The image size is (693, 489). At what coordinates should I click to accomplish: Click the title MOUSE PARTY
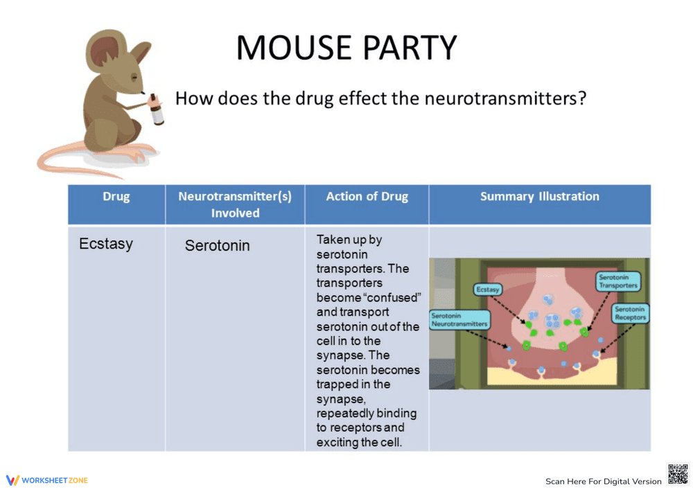346,47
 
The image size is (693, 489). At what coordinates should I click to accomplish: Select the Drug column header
116,197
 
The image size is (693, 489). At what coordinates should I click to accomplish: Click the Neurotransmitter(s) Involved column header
235,204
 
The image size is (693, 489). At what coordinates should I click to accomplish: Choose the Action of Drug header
367,197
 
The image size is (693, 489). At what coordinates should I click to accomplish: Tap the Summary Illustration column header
539,197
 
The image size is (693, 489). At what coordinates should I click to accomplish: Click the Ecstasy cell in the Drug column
106,244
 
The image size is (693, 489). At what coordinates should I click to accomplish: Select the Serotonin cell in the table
217,246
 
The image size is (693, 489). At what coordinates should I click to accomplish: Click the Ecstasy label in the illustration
488,290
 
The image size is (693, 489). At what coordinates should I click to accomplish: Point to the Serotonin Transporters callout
617,281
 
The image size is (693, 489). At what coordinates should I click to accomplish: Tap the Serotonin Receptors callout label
630,313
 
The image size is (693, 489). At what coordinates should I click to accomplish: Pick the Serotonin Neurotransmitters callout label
459,319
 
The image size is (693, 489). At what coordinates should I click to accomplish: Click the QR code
677,474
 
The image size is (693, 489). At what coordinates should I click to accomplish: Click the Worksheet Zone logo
47,480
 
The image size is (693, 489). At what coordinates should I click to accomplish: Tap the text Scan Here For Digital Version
603,481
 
